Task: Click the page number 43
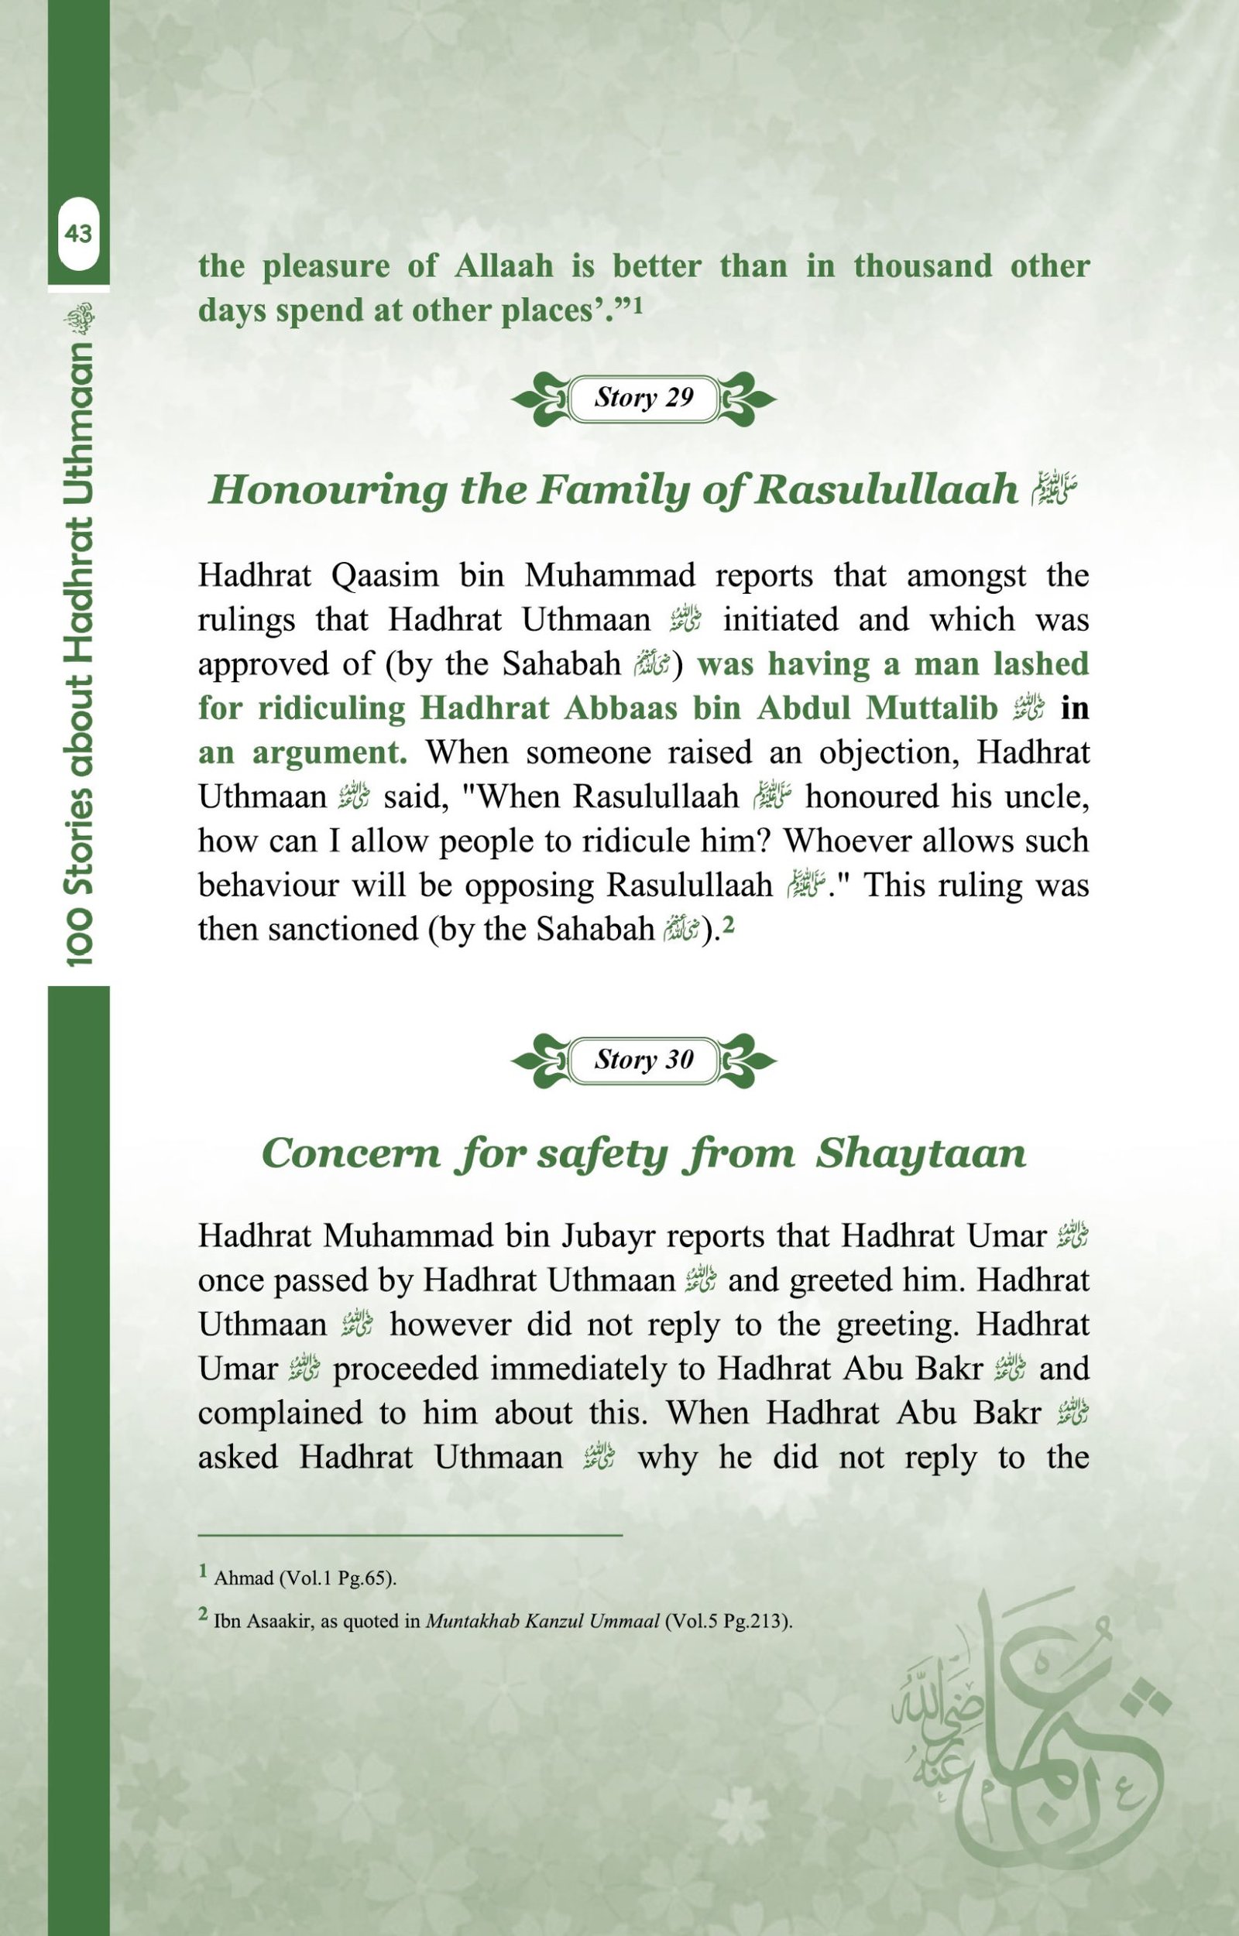[x=78, y=234]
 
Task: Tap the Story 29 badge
[x=644, y=398]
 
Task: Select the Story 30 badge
[x=644, y=1059]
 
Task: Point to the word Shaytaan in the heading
[x=922, y=1153]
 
